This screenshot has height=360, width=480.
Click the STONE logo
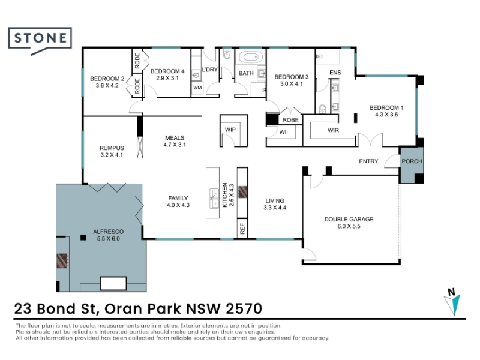pyautogui.click(x=40, y=41)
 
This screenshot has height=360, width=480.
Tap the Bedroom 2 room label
pyautogui.click(x=107, y=79)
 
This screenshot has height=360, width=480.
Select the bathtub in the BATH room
pyautogui.click(x=251, y=57)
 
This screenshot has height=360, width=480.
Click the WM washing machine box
pyautogui.click(x=197, y=88)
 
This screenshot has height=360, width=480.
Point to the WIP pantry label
pyautogui.click(x=230, y=130)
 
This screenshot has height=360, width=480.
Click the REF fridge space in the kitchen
pyautogui.click(x=242, y=228)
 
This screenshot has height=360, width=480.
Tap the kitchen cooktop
pyautogui.click(x=242, y=192)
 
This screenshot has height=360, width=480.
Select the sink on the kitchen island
pyautogui.click(x=214, y=199)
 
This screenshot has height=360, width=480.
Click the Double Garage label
pyautogui.click(x=349, y=219)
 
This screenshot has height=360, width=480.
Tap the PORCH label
pyautogui.click(x=412, y=161)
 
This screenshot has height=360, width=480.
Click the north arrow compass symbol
pyautogui.click(x=452, y=302)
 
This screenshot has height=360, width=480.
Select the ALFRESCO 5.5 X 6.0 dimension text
pyautogui.click(x=109, y=239)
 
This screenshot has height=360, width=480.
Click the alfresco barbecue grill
pyautogui.click(x=62, y=261)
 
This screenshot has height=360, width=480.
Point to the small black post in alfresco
pyautogui.click(x=83, y=237)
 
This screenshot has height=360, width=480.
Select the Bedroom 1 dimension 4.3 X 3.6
pyautogui.click(x=386, y=115)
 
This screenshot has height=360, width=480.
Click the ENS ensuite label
pyautogui.click(x=335, y=73)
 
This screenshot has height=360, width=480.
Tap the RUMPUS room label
pyautogui.click(x=112, y=148)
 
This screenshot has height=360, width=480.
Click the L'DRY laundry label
pyautogui.click(x=209, y=70)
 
